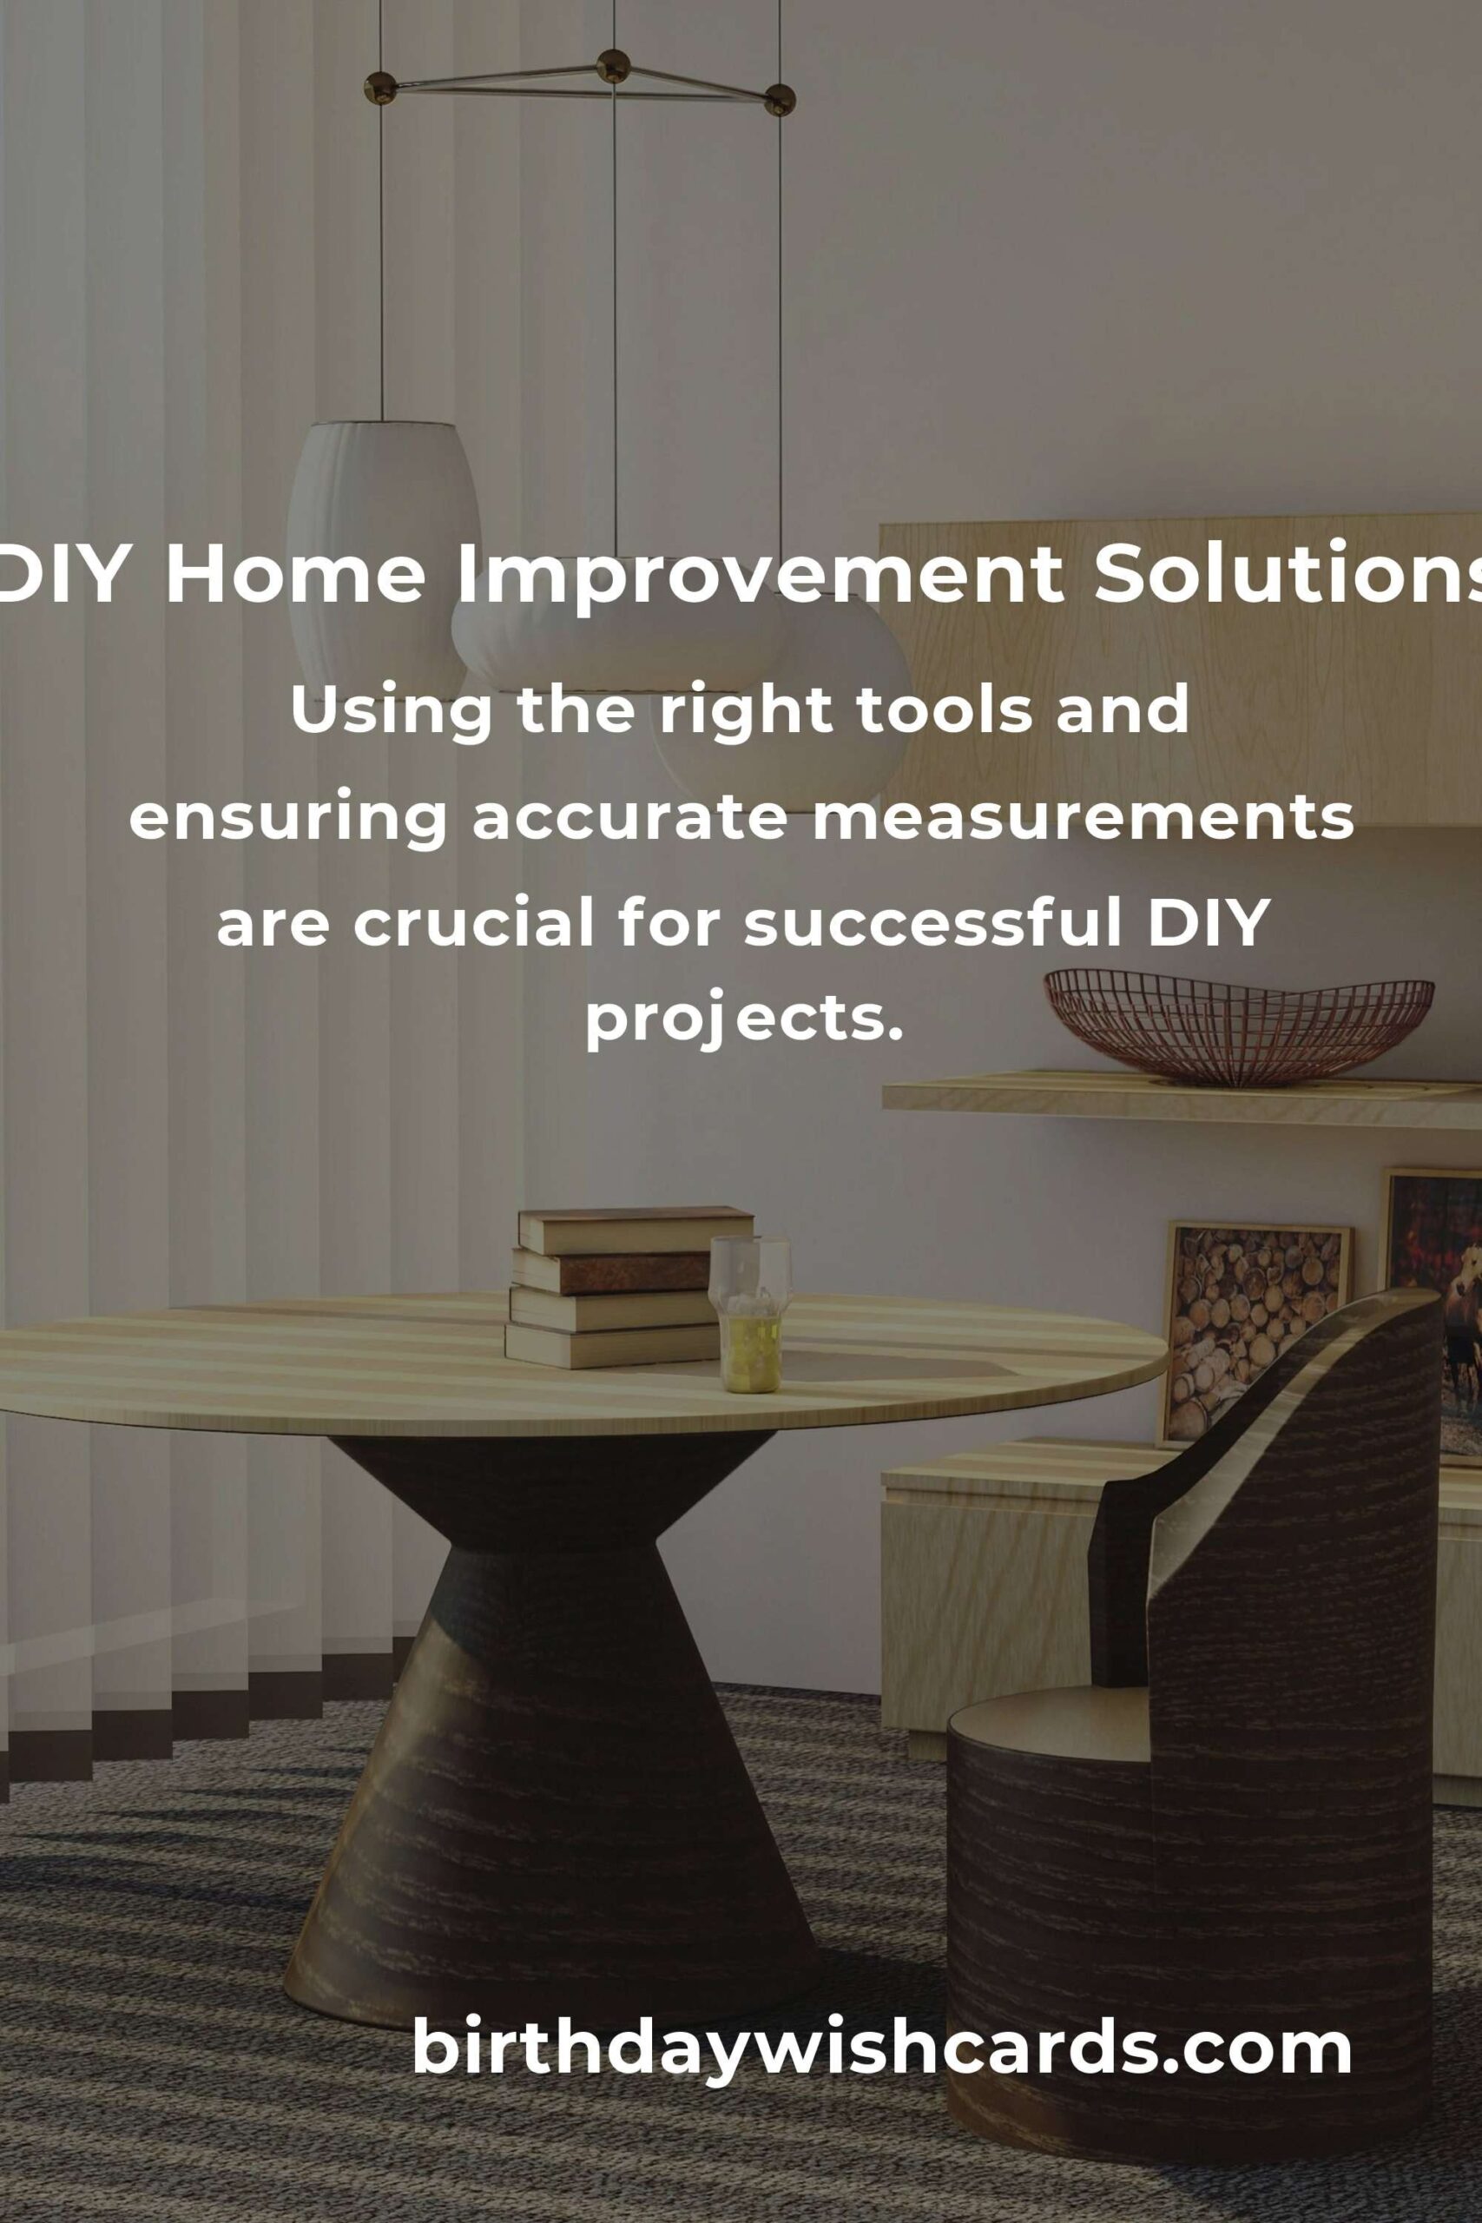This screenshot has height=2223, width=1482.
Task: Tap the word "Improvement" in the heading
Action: click(x=760, y=577)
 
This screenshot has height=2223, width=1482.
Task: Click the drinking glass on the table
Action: click(x=750, y=1313)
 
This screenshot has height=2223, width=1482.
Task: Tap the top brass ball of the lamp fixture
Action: click(x=614, y=66)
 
